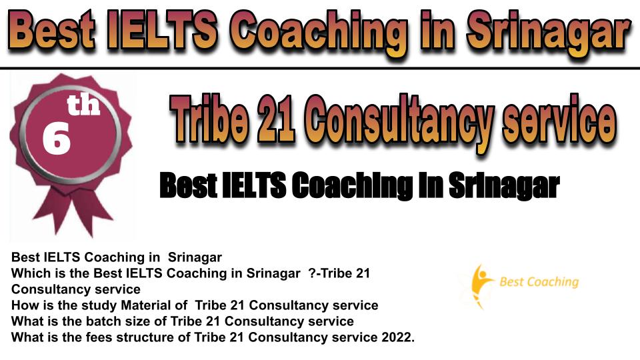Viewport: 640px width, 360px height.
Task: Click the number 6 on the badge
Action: pyautogui.click(x=56, y=139)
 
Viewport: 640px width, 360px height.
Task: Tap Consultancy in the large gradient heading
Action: pyautogui.click(x=399, y=123)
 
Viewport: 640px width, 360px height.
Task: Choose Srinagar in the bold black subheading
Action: pyautogui.click(x=505, y=186)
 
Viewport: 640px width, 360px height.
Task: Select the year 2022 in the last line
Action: pyautogui.click(x=397, y=337)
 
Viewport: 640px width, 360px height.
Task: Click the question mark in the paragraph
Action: pyautogui.click(x=312, y=273)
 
